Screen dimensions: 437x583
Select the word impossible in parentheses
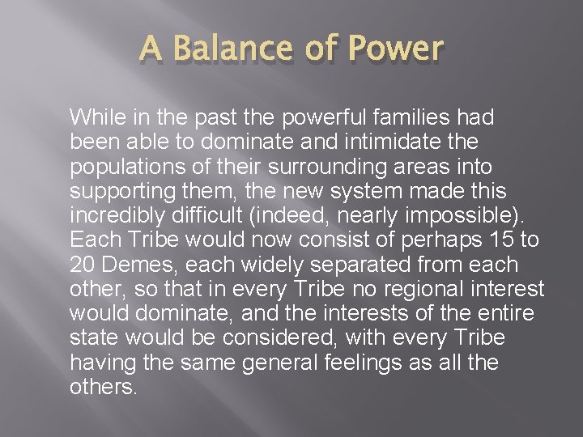(x=469, y=217)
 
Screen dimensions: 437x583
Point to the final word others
(x=104, y=388)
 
